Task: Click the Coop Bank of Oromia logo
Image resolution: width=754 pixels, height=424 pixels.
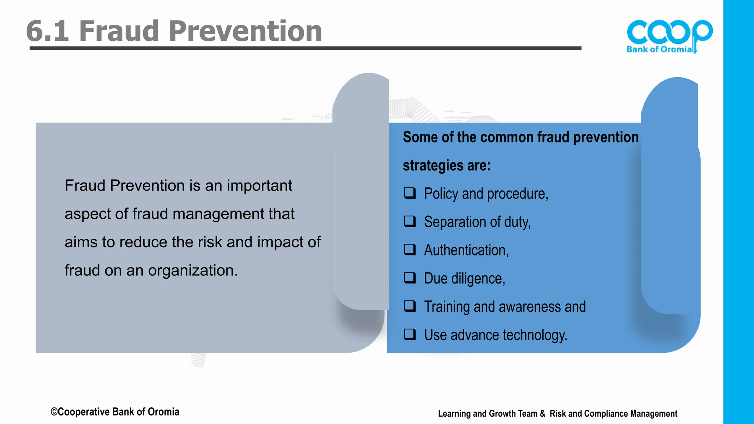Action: (669, 36)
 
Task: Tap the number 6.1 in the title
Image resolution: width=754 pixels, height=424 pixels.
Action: (47, 31)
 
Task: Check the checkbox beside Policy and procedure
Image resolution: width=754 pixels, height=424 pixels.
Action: (410, 193)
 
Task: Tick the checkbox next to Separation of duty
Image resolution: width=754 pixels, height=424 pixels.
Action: (410, 221)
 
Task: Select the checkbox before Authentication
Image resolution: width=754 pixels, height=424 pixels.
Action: (410, 250)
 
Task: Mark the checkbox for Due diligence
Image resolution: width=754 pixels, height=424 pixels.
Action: (410, 278)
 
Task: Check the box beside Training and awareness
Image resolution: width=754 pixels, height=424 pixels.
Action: (410, 306)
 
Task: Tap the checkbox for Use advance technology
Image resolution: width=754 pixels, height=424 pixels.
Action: (410, 334)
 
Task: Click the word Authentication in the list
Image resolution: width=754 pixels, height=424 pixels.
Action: (466, 250)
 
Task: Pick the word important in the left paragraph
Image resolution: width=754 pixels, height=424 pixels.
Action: (259, 185)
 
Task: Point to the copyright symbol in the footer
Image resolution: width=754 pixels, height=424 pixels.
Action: (54, 412)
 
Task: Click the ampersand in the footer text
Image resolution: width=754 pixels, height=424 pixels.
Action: (542, 414)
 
